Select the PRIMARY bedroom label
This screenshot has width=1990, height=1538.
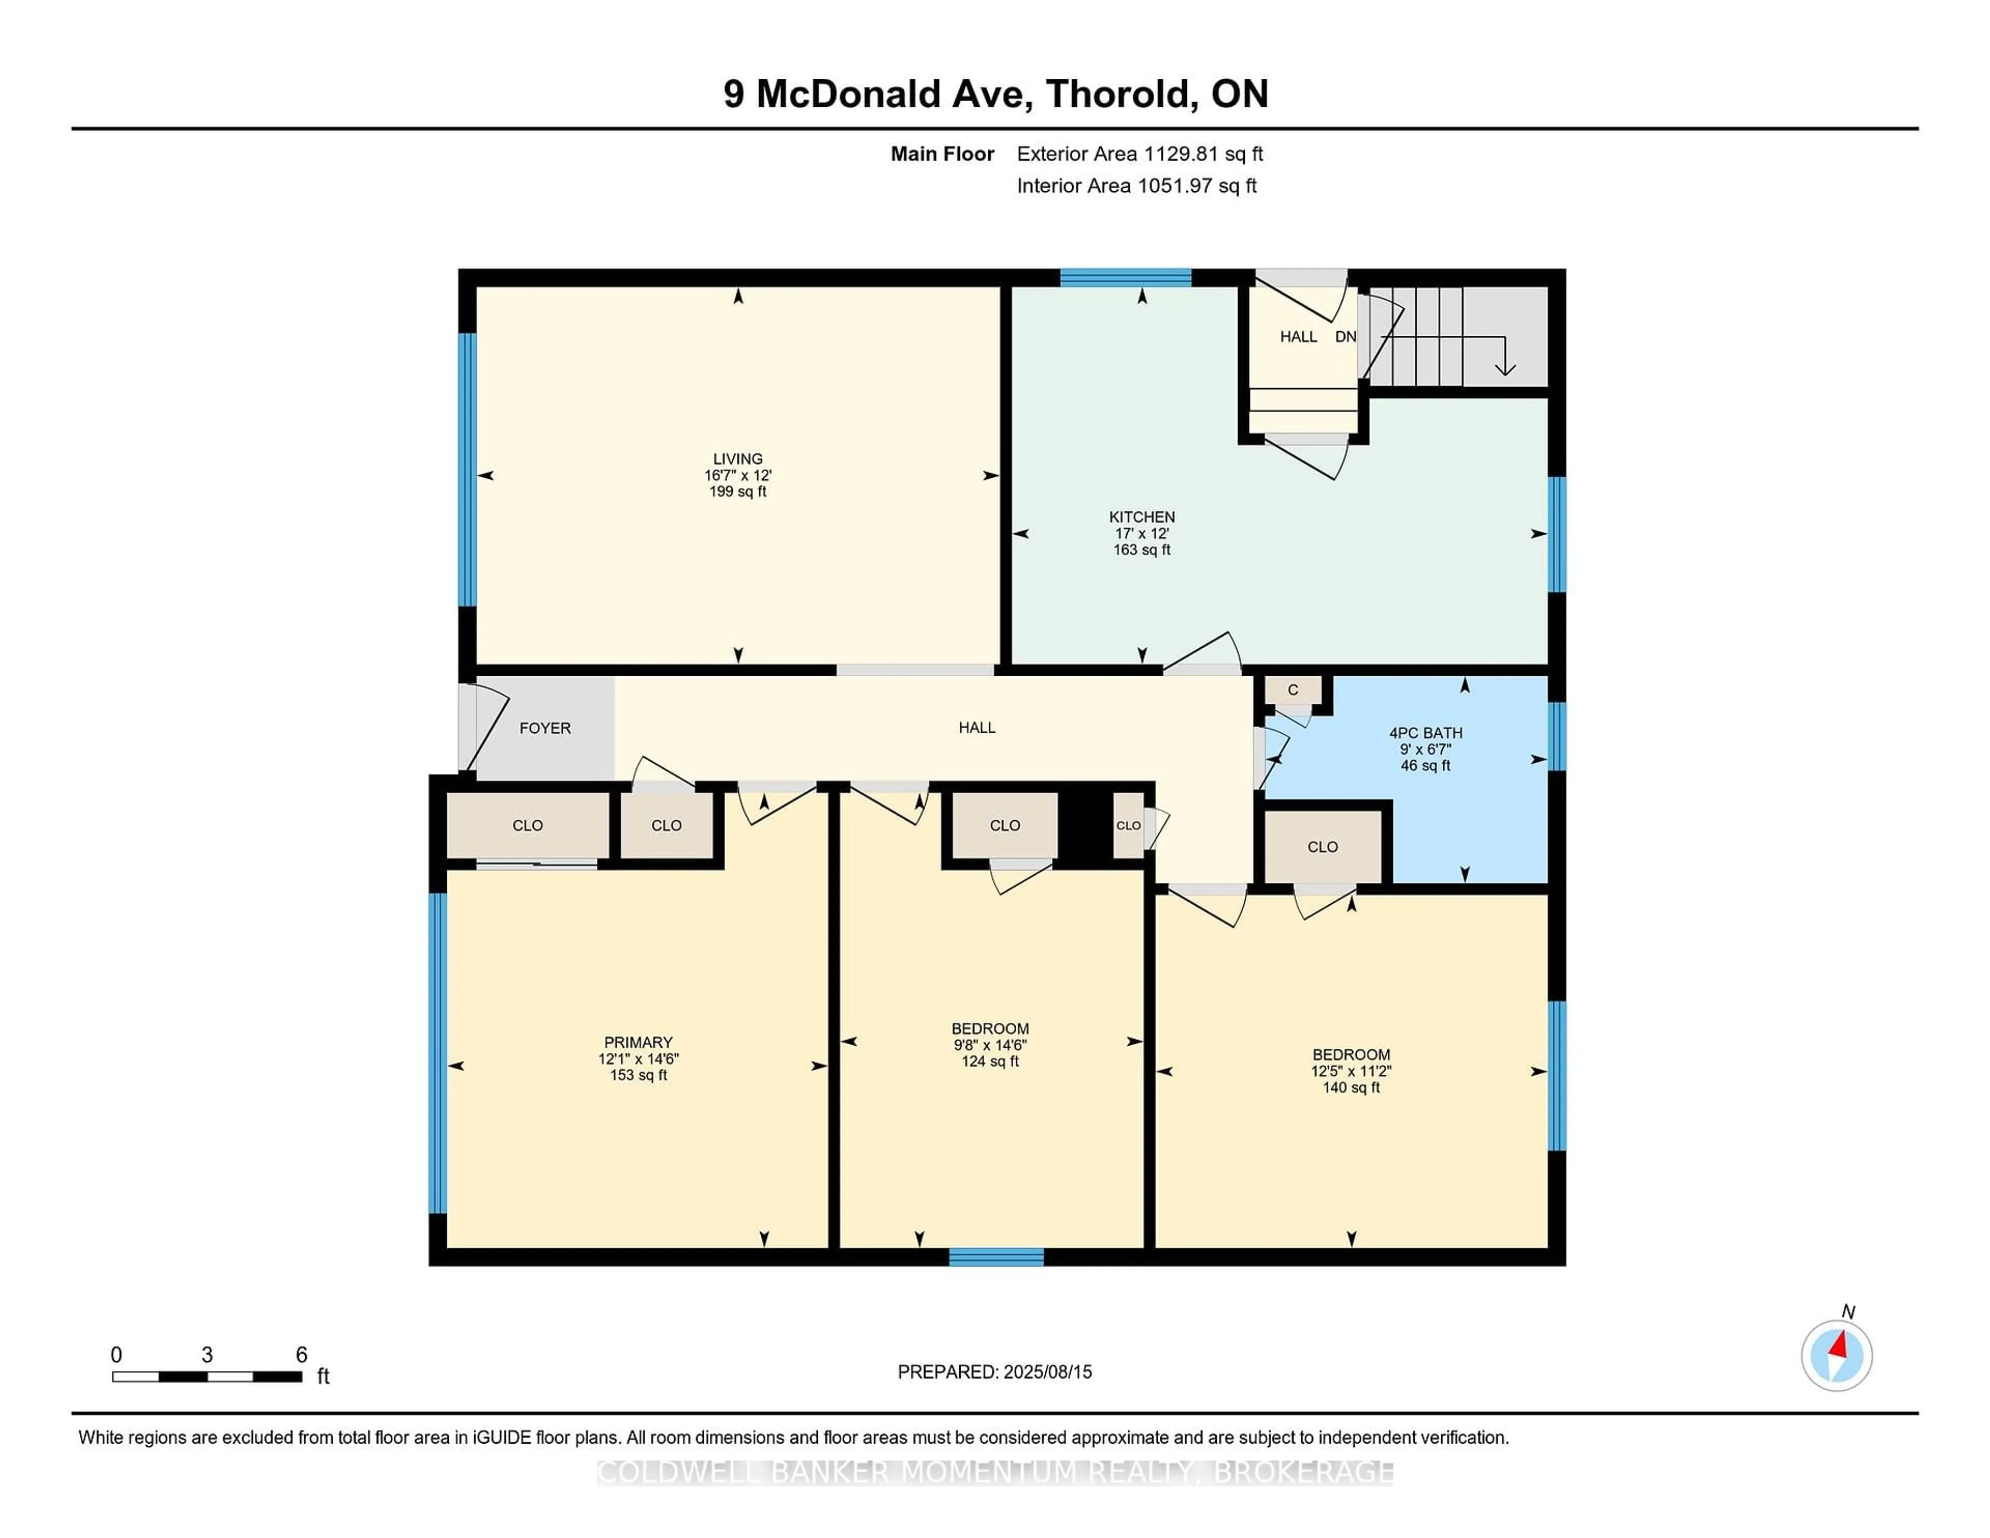[638, 1042]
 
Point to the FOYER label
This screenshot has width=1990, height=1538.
[545, 728]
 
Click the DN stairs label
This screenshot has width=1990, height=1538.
[1346, 336]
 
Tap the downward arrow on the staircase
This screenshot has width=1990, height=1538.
[1505, 356]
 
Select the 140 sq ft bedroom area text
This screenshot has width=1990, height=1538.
[1351, 1088]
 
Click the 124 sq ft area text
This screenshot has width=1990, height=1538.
[990, 1061]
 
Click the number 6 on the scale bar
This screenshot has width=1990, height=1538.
[302, 1355]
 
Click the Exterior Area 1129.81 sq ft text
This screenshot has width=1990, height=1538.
[1140, 154]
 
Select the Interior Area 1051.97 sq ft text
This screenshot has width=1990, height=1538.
[1137, 186]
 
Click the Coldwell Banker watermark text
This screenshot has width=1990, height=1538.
[995, 1472]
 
